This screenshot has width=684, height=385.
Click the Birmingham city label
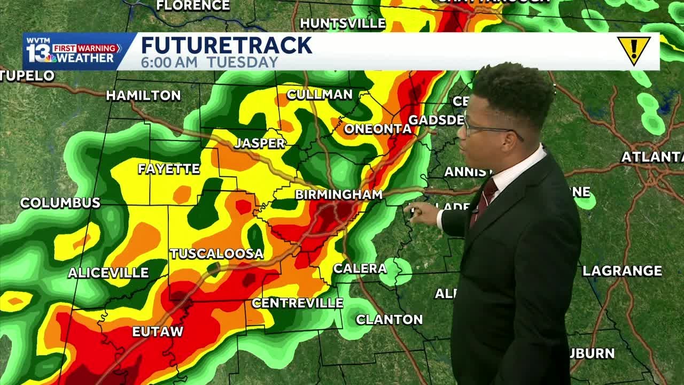pos(338,195)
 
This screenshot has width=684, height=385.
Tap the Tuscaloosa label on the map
pos(216,253)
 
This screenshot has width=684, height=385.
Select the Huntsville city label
pos(343,23)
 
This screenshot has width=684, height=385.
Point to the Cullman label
pos(320,95)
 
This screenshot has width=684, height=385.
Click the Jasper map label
pos(260,143)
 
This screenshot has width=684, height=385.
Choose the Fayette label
pos(169,169)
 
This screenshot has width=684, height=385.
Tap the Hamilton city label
pos(143,96)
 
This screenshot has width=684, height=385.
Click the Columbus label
pos(60,203)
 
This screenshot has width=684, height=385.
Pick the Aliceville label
pos(108,273)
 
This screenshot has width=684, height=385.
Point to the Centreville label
pos(297,303)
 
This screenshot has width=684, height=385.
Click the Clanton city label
pos(389,320)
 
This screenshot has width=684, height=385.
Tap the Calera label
pos(360,268)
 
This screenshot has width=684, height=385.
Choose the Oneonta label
pos(377,129)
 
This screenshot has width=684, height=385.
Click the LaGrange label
pos(622,271)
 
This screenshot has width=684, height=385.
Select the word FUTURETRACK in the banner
pos(226,45)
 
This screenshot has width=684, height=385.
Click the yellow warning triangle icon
pos(633,50)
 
